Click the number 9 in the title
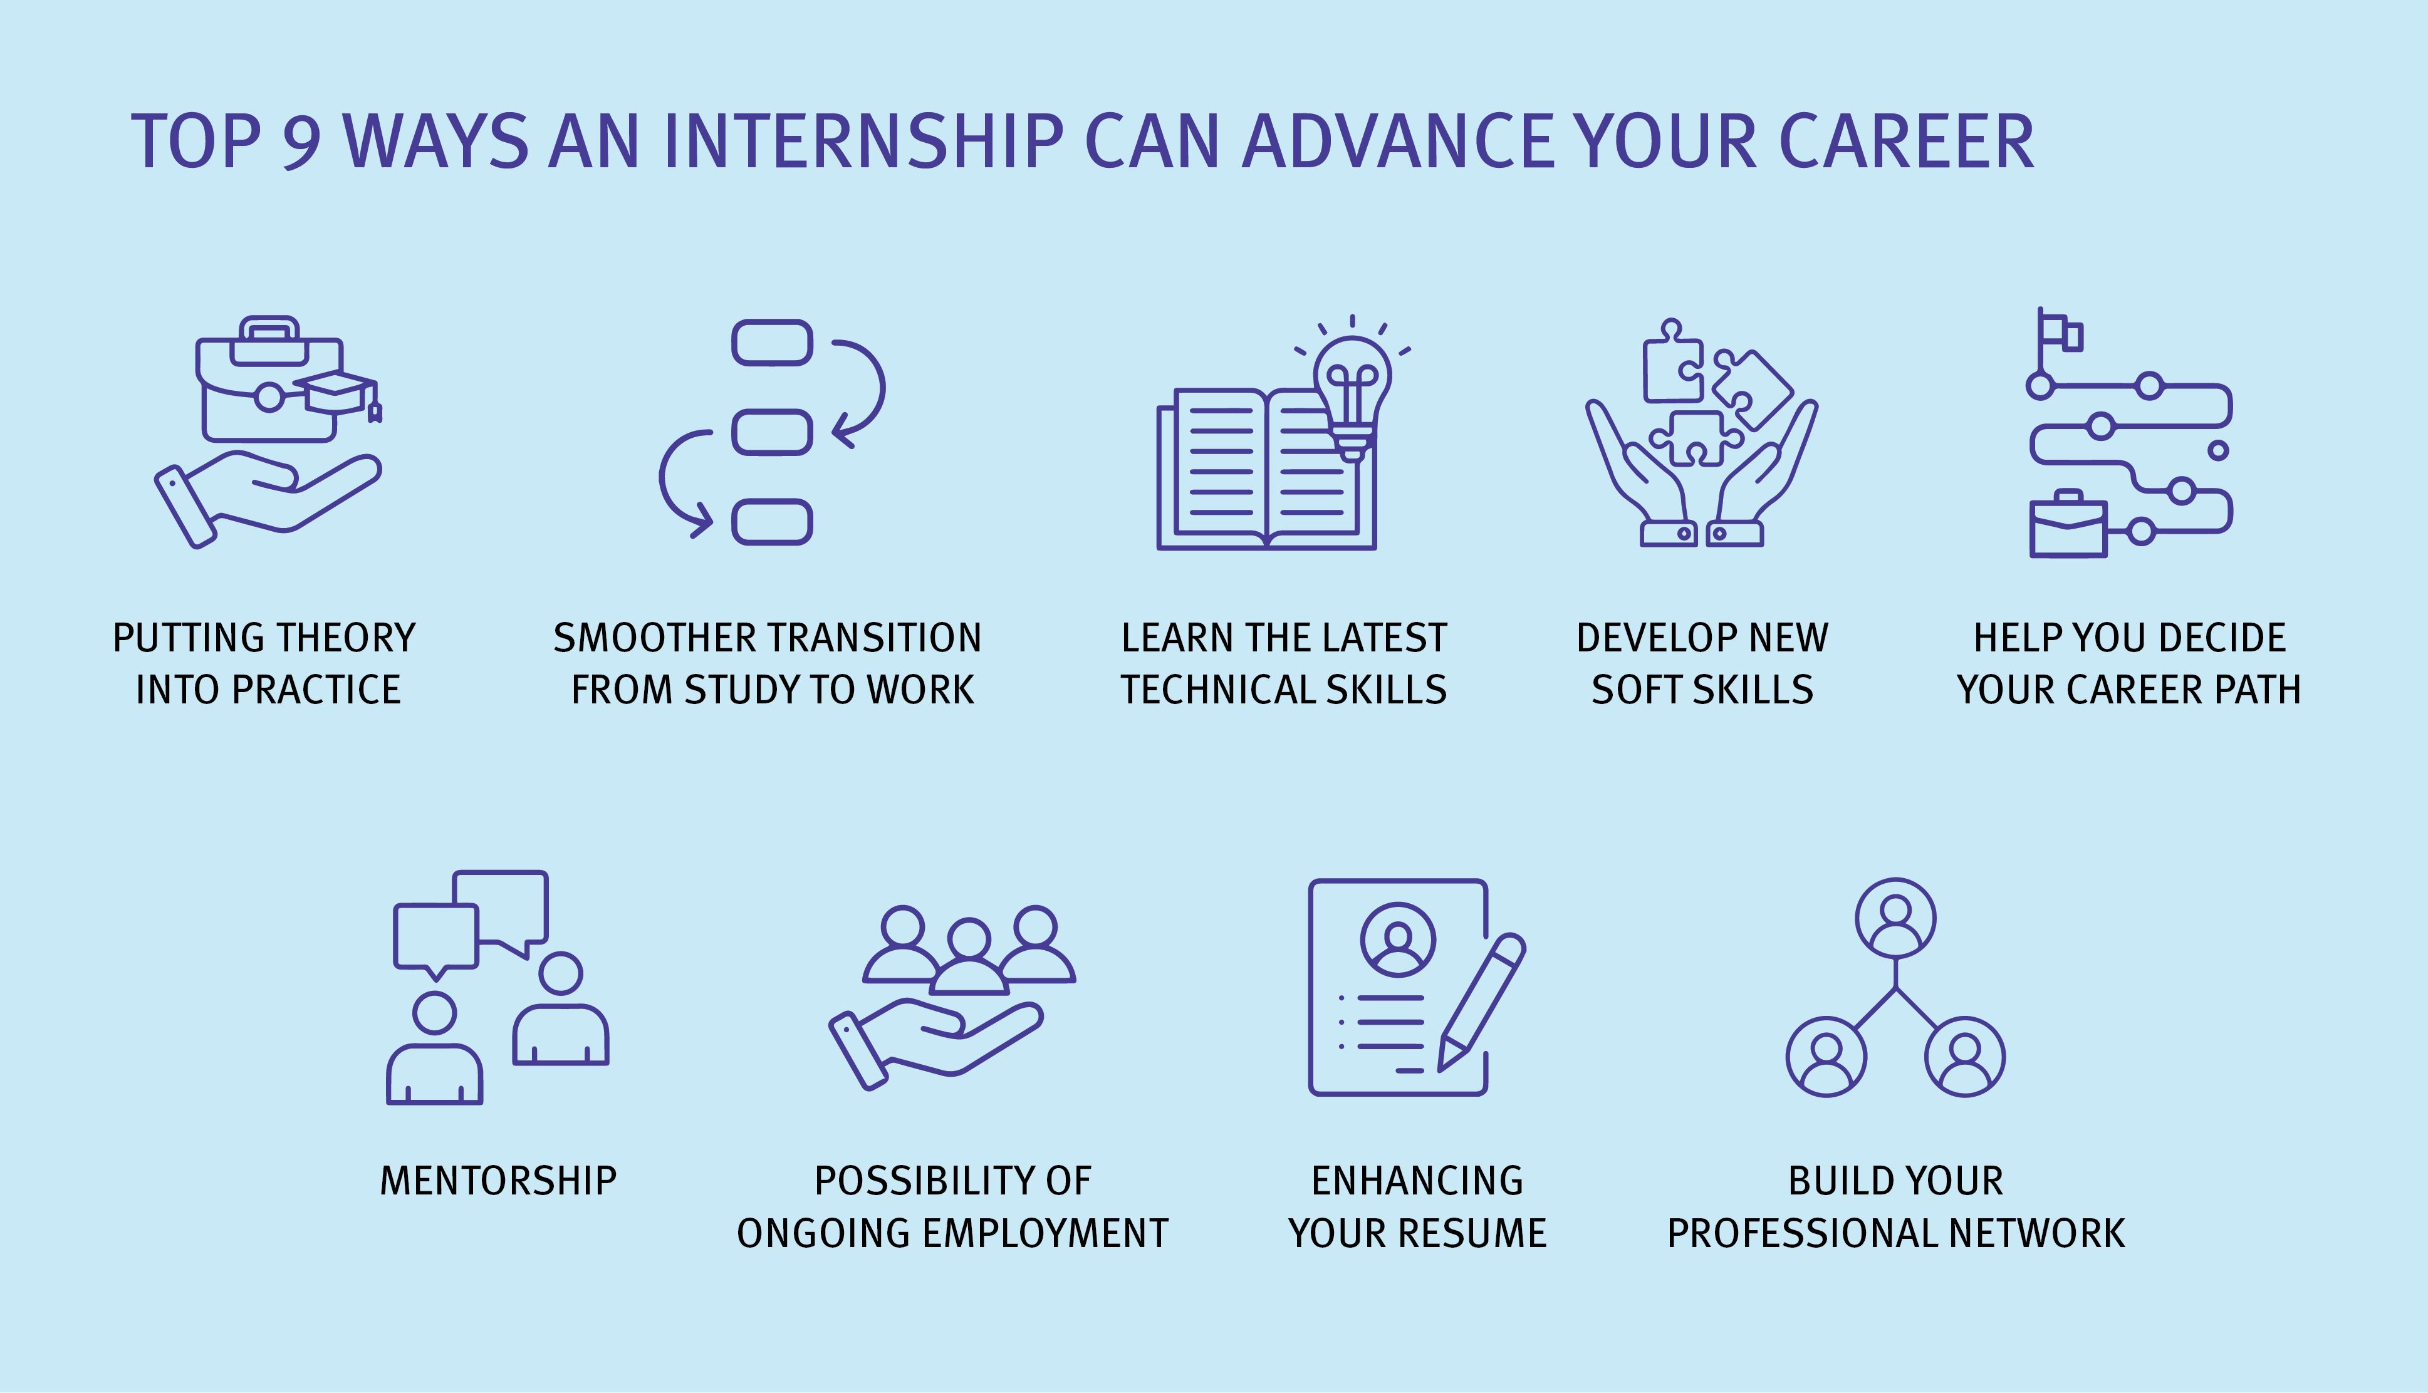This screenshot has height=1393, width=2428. click(301, 142)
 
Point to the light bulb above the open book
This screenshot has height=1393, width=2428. click(1352, 392)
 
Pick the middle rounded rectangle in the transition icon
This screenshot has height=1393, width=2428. click(771, 432)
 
